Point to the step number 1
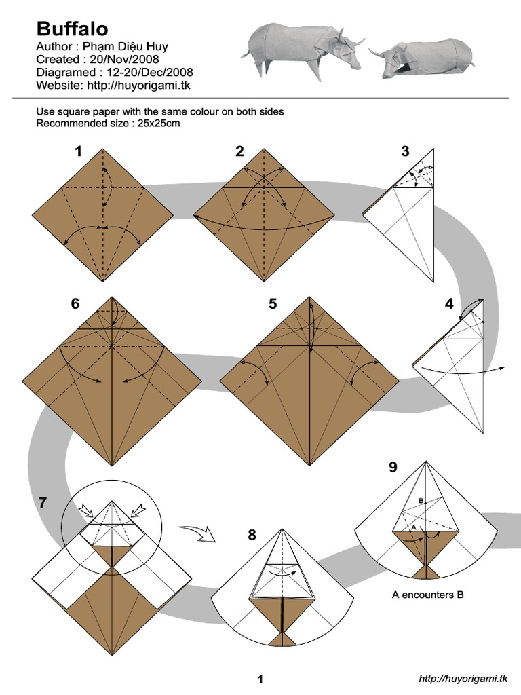[79, 152]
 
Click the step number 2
[239, 152]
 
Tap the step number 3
[405, 152]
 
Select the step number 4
[448, 304]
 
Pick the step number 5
[273, 304]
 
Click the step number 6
[75, 304]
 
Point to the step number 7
[43, 503]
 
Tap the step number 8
[252, 536]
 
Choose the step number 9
[393, 467]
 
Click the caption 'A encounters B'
[427, 595]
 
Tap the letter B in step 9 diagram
[421, 501]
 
